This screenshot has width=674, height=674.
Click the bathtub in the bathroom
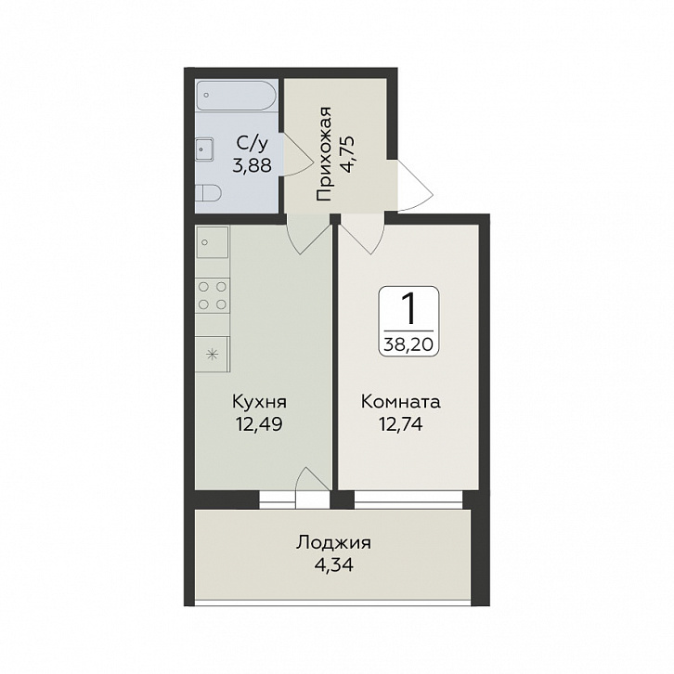point(234,95)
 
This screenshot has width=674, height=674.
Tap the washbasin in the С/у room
point(204,149)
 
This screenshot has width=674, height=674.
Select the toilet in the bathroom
point(208,193)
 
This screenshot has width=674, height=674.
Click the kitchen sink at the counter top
point(212,242)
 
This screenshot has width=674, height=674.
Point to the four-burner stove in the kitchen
point(213,295)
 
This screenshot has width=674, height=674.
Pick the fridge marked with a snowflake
point(212,355)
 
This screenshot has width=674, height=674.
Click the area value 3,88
point(252,164)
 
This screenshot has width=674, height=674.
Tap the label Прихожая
point(324,154)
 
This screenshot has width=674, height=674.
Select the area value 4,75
point(347,154)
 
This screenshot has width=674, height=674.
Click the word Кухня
point(259,402)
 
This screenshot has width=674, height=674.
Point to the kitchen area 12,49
point(259,424)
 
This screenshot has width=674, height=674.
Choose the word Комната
point(401,402)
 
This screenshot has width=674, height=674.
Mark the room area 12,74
point(401,424)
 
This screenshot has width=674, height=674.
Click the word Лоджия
point(333,543)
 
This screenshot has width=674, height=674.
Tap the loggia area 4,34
point(333,564)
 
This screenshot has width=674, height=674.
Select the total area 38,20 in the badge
point(408,344)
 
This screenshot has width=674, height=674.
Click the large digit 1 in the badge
point(408,309)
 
